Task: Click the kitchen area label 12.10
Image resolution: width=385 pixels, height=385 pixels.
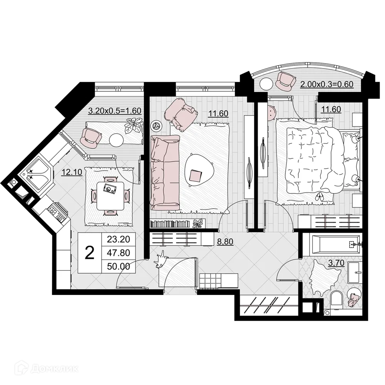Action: (72, 172)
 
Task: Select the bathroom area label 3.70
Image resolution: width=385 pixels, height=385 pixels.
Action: (335, 264)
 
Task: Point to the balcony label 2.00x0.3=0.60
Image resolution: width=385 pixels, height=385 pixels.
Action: (327, 85)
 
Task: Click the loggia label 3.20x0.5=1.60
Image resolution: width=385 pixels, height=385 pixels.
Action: (115, 111)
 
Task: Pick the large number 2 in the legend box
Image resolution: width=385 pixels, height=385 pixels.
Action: (90, 253)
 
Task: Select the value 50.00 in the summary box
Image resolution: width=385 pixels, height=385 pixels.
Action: (119, 266)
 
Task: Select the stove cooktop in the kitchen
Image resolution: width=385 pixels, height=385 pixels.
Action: (55, 213)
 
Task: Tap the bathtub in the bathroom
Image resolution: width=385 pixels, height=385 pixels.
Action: (331, 244)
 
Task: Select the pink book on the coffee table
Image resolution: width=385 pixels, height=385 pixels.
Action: (196, 176)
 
